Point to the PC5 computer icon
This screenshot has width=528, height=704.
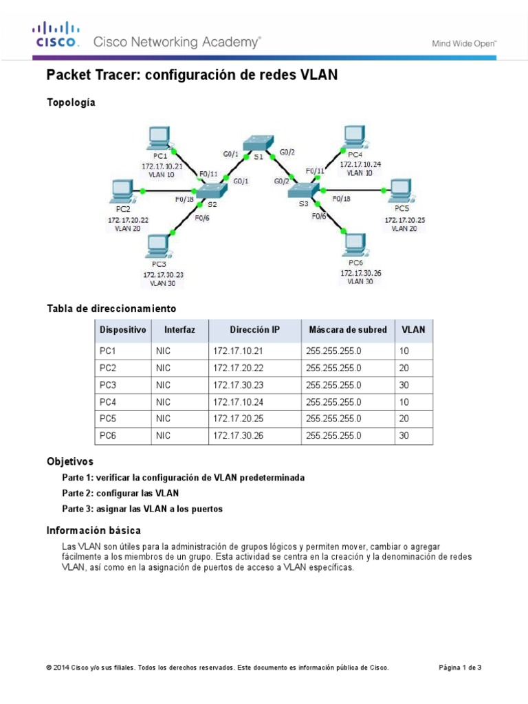(x=399, y=190)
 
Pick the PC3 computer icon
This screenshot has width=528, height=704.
(x=159, y=245)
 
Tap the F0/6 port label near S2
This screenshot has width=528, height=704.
(x=202, y=218)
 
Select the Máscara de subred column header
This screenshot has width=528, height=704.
(x=347, y=330)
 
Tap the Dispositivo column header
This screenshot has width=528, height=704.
(x=123, y=330)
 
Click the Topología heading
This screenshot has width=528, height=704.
(x=71, y=102)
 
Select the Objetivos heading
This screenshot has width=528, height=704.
(x=70, y=461)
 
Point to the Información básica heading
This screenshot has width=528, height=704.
(x=93, y=530)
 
